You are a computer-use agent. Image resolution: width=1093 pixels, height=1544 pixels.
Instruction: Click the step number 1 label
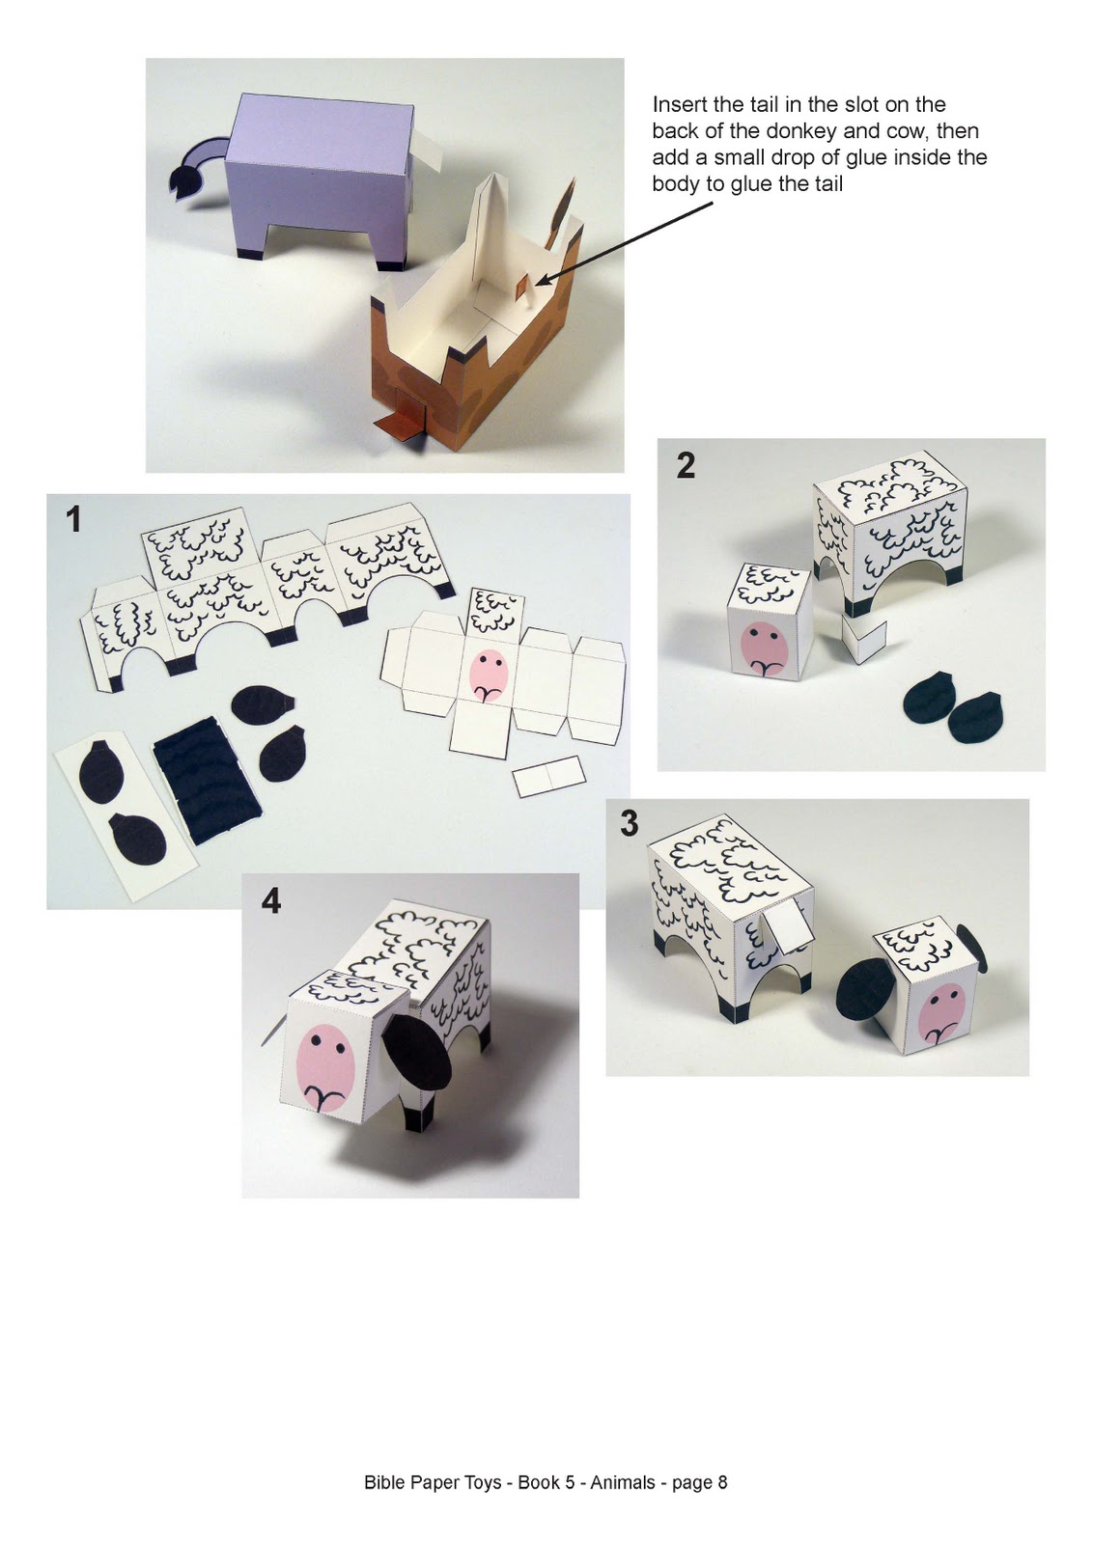73,521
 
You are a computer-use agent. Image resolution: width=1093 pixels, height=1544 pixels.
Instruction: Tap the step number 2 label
686,466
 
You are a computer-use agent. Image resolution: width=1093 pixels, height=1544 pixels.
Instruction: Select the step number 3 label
630,824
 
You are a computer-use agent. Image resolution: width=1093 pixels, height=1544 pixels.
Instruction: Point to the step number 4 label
271,901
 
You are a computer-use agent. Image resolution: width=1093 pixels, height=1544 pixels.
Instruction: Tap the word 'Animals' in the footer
623,1482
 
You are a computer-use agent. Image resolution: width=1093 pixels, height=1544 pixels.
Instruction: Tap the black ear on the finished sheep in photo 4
416,1055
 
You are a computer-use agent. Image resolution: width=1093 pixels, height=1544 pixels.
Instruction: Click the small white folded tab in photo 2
862,639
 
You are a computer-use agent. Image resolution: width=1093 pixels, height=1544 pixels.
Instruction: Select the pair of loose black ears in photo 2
952,709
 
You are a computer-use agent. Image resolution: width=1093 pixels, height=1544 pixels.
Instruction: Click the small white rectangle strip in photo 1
548,776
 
